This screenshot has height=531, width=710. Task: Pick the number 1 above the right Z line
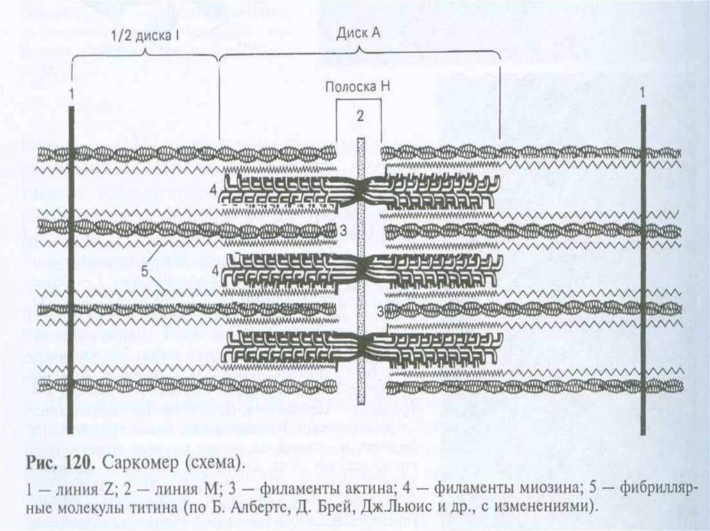[x=643, y=91]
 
